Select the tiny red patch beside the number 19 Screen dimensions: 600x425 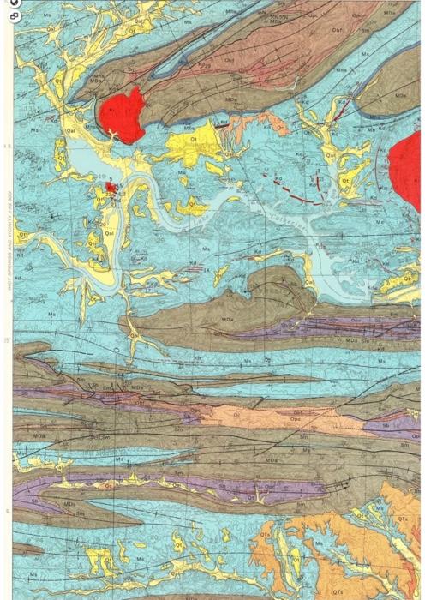(x=111, y=186)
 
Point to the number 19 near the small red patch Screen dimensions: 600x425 (x=102, y=177)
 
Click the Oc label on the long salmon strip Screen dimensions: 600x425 (x=237, y=414)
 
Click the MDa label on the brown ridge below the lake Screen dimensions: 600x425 (x=228, y=319)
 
